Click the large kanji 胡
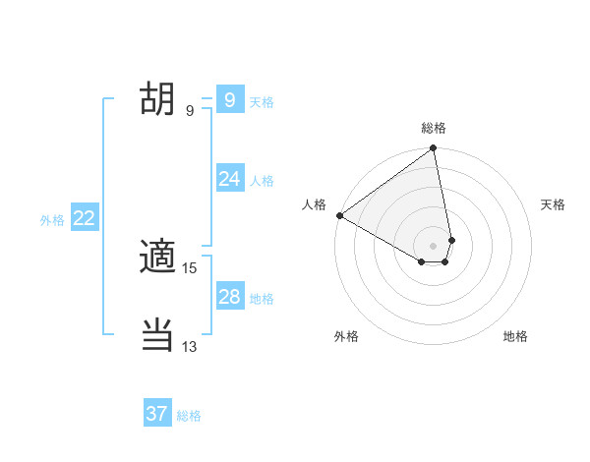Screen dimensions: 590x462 (157, 98)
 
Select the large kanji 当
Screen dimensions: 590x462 (157, 334)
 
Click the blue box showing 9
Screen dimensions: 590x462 (229, 99)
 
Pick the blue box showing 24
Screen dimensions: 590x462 (229, 178)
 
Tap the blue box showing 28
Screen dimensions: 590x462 (229, 296)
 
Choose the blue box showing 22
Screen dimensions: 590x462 (84, 218)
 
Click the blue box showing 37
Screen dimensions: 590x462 (156, 414)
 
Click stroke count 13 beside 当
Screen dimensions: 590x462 (190, 346)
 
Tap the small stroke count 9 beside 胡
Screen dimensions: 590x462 (190, 111)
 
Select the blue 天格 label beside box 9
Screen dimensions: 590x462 (262, 102)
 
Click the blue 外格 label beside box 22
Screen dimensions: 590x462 (52, 220)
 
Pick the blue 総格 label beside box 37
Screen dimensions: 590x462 (189, 416)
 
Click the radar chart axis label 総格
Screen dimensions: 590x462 (434, 128)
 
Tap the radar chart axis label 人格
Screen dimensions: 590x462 (314, 204)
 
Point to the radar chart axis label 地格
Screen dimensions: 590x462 (515, 336)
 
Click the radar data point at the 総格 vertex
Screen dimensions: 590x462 (433, 149)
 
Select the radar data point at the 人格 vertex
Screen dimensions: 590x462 (339, 215)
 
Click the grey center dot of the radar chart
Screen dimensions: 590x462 (433, 245)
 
